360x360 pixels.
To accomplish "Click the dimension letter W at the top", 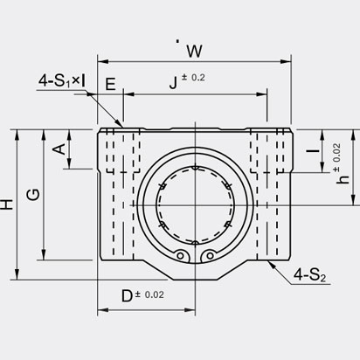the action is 194,52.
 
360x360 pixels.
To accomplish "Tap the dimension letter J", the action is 173,83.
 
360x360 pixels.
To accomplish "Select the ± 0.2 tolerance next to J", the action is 193,78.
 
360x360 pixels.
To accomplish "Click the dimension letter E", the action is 110,85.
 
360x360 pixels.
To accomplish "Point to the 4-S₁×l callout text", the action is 62,80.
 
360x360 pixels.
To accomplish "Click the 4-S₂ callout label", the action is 309,275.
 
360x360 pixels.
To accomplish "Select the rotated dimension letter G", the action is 33,195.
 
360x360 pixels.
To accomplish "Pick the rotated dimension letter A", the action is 59,149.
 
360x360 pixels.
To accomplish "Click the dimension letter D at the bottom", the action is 127,296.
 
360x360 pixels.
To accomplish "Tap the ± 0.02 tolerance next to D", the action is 149,294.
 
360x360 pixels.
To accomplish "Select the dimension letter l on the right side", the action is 314,151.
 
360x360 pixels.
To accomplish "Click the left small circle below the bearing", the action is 181,256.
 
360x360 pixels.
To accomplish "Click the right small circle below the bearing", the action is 210,256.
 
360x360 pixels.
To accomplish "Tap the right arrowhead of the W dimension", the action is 286,62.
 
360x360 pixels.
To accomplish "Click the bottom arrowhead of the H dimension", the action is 17,274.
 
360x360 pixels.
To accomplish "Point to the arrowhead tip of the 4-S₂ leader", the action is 267,260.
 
